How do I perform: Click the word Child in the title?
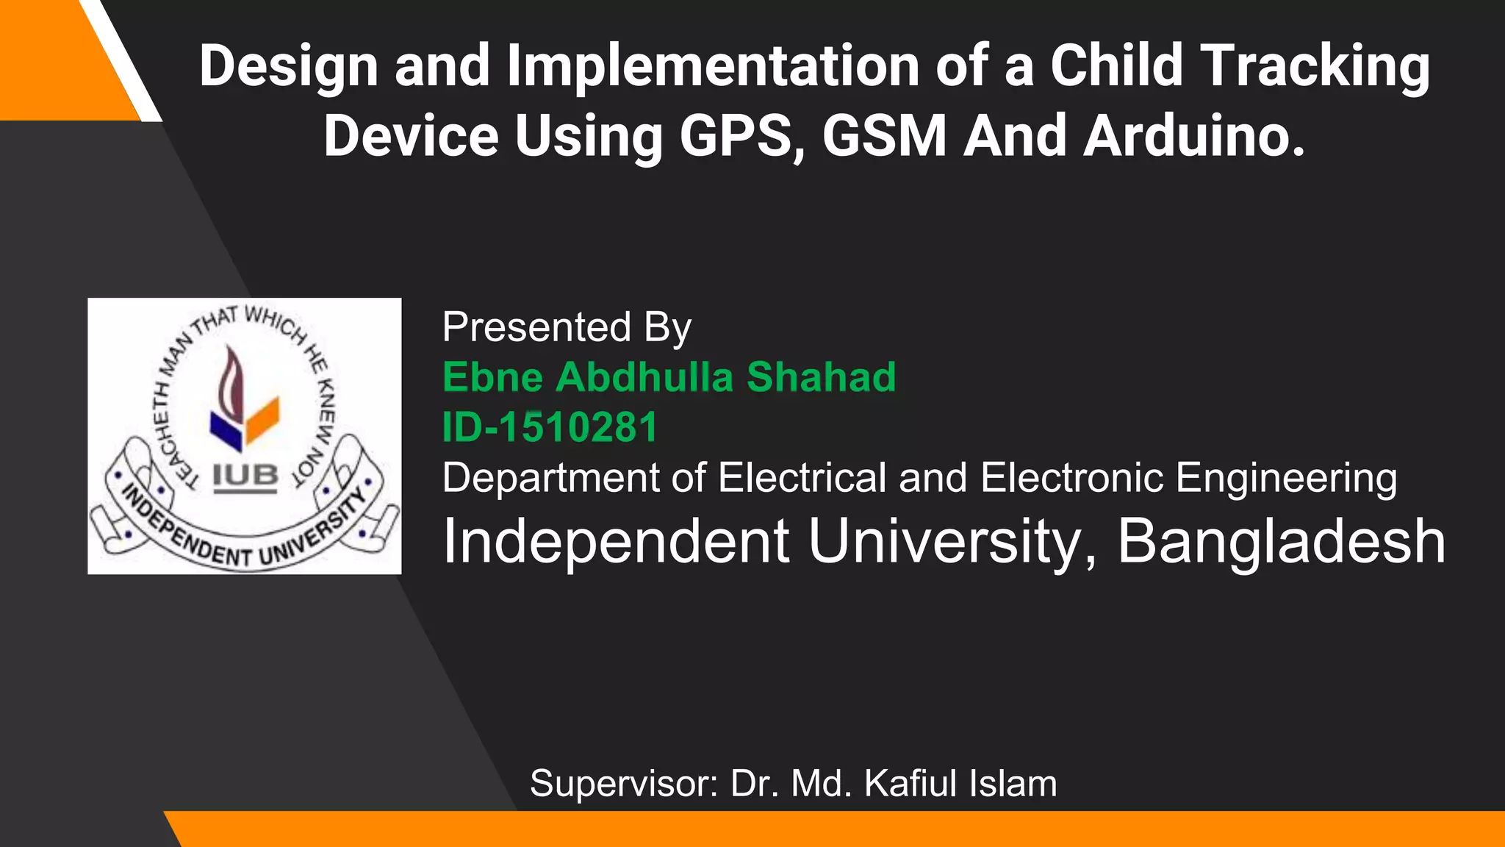tap(1117, 66)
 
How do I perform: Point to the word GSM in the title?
tap(885, 137)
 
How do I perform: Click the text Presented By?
tap(567, 327)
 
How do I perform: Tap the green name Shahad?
tap(821, 377)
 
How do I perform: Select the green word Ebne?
tap(492, 377)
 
